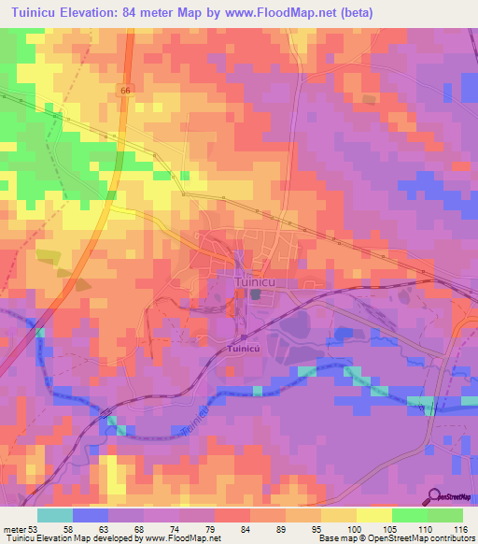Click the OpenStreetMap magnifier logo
pyautogui.click(x=433, y=495)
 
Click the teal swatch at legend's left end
pyautogui.click(x=55, y=514)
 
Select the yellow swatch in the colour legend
pyautogui.click(x=374, y=514)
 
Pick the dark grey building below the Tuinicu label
pyautogui.click(x=254, y=294)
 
